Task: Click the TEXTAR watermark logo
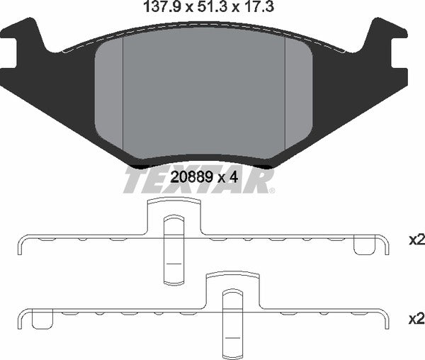tap(199, 180)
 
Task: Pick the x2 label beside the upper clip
tap(416, 240)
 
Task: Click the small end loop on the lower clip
tap(44, 320)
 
